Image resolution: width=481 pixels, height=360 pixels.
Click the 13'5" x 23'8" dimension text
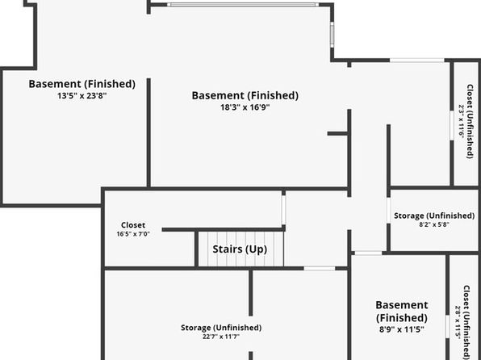click(x=82, y=96)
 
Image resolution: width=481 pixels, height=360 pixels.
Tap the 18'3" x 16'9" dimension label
click(x=245, y=107)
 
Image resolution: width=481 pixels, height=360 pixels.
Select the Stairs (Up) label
click(x=240, y=249)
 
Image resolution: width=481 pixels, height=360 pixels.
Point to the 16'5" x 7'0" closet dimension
click(x=133, y=234)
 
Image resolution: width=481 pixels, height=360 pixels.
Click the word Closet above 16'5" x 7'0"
click(x=133, y=225)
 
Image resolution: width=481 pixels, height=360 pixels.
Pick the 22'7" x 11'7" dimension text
click(x=221, y=337)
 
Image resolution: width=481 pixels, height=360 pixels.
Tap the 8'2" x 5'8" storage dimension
click(x=434, y=224)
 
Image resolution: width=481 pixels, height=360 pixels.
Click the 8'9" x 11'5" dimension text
click(x=402, y=329)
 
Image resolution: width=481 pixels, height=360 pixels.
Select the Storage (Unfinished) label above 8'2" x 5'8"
click(x=434, y=216)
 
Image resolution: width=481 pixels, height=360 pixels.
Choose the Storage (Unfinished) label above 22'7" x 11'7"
click(x=221, y=328)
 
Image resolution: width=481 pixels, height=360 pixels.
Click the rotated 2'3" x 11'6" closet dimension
click(x=462, y=122)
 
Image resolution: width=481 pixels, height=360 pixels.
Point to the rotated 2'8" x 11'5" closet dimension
click(x=458, y=323)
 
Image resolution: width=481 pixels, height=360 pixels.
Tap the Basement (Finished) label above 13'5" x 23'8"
click(x=82, y=84)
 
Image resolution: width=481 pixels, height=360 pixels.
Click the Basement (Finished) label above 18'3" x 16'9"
click(x=245, y=96)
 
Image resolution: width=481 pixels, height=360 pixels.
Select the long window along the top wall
click(x=243, y=5)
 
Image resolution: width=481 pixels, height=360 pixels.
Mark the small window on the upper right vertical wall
click(x=332, y=35)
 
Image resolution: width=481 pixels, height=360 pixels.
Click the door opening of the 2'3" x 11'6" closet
click(x=452, y=126)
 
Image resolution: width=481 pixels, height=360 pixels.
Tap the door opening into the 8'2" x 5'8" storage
click(x=388, y=211)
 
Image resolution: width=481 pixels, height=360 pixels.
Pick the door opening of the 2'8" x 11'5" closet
click(x=448, y=327)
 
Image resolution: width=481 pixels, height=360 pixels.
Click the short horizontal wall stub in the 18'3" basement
click(x=337, y=133)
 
